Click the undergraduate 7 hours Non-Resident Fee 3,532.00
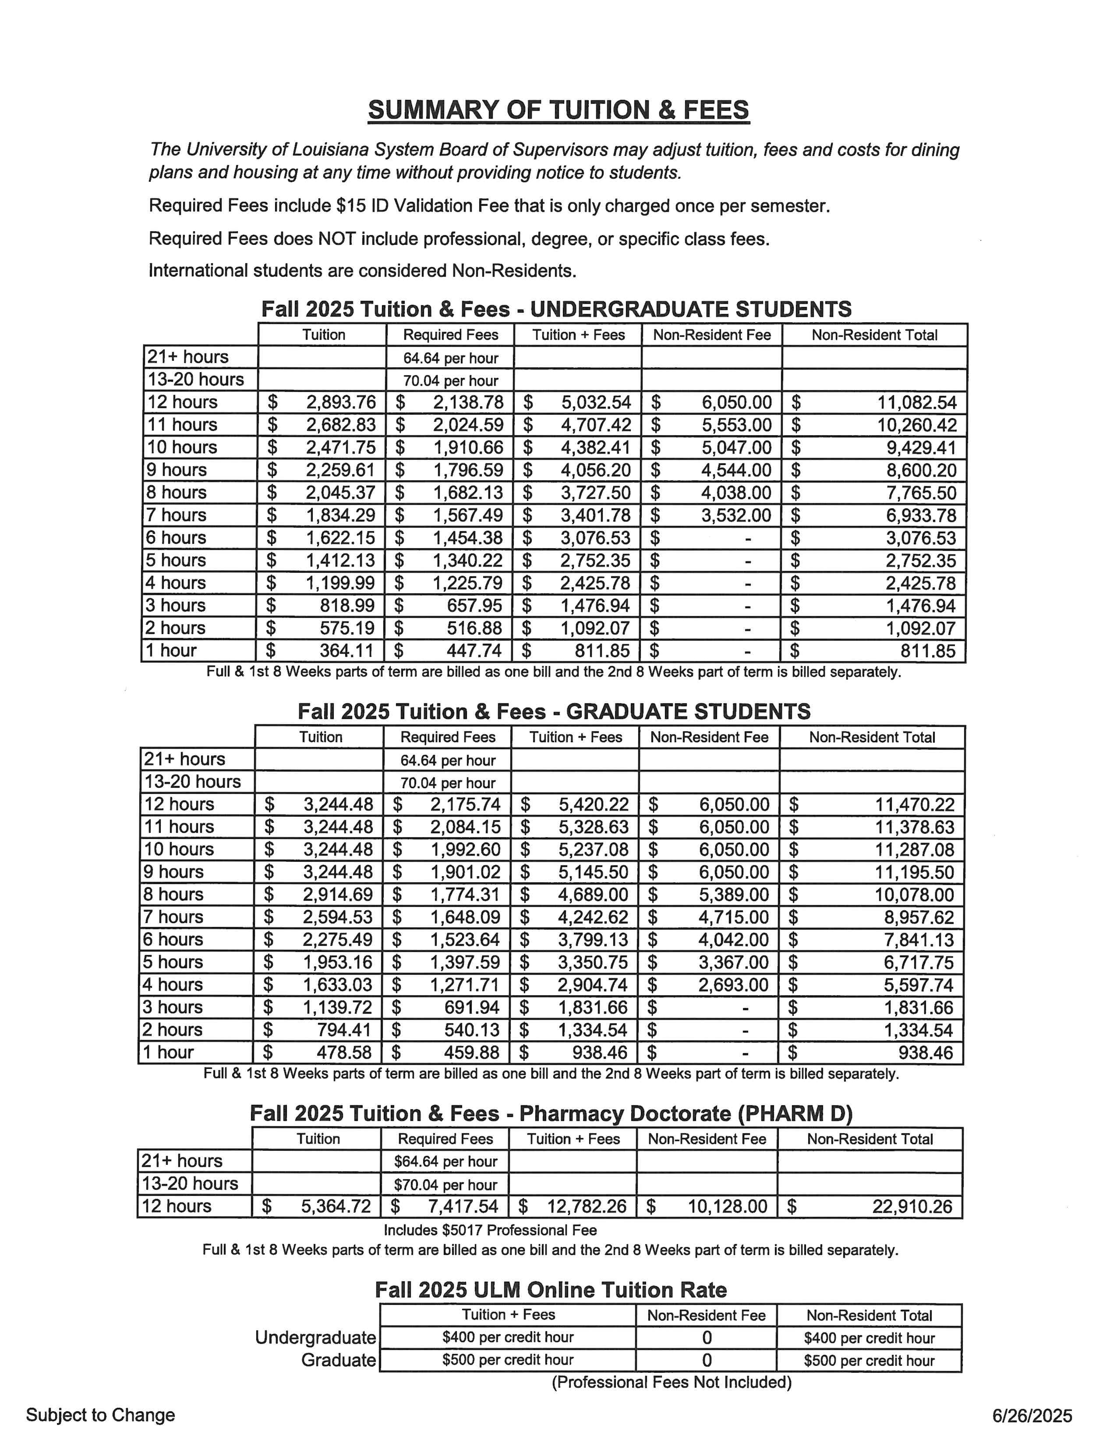coord(736,515)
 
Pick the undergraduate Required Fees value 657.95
coord(474,606)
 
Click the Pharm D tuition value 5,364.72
coord(336,1207)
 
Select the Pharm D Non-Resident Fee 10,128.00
coord(727,1207)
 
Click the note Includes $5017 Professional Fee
coord(490,1230)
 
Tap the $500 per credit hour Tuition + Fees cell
coord(508,1360)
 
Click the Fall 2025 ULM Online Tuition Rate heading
coord(551,1290)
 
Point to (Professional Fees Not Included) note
coord(671,1382)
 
